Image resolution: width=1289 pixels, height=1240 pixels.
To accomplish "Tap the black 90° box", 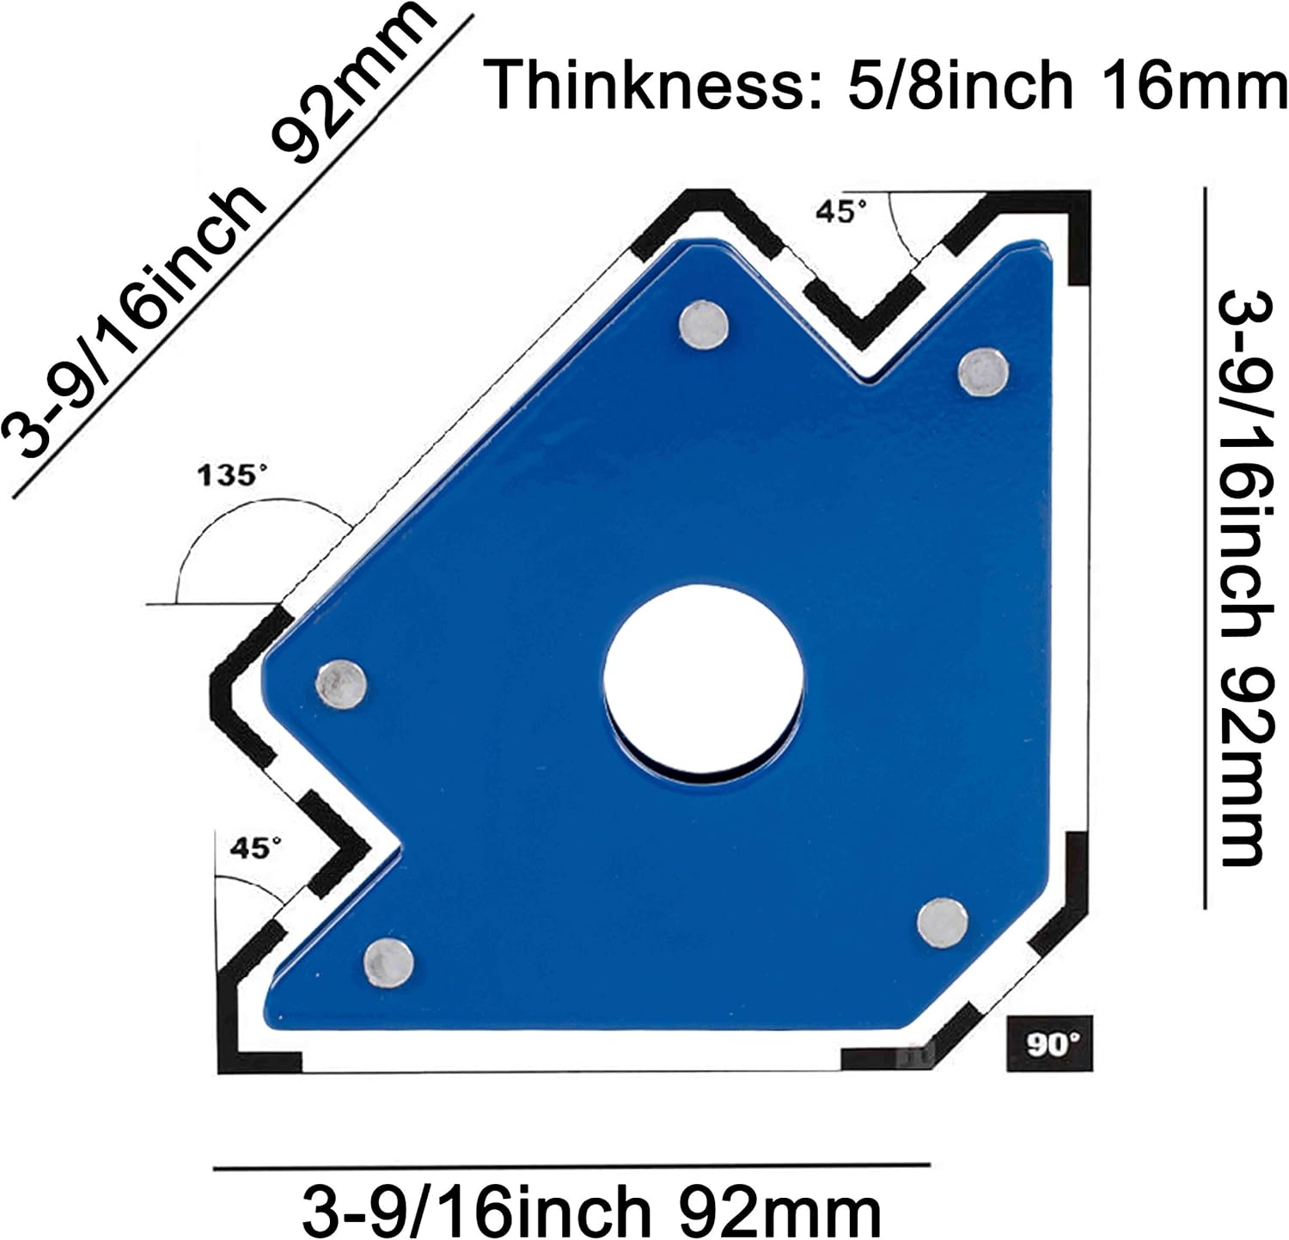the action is pos(1049,1044).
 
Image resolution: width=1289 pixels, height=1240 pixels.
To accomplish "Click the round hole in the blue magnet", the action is pos(703,679).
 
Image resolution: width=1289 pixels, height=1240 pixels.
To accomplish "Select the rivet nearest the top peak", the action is pos(704,325).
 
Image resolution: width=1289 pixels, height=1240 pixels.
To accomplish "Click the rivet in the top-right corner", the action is pos(983,373).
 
